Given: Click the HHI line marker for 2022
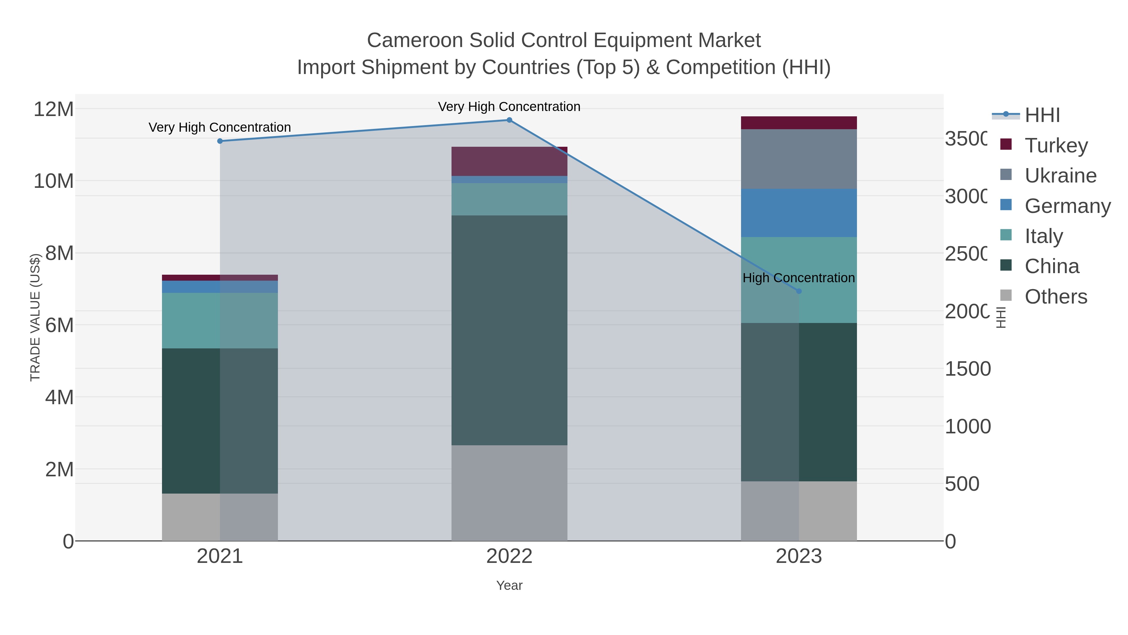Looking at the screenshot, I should coord(509,120).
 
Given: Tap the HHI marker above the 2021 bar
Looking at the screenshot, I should coord(220,141).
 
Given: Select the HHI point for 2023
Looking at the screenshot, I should coord(798,291).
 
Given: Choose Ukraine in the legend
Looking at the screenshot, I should coord(1060,175).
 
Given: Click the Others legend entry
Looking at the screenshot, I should coord(1055,297).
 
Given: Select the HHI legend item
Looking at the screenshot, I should coord(1042,115).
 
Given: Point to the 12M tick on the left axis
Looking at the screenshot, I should coord(53,109).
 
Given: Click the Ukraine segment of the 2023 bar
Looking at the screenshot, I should coord(798,159).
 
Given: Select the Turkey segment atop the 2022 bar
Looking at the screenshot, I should coord(509,161).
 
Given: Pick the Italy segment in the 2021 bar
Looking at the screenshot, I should coord(220,320).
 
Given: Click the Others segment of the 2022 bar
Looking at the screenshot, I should coord(509,493).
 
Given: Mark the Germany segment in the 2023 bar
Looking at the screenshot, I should coord(798,213).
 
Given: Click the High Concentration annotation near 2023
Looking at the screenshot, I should coord(798,278).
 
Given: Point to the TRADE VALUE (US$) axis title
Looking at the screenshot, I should coord(35,317).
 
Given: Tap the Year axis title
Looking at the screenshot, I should coord(509,585).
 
